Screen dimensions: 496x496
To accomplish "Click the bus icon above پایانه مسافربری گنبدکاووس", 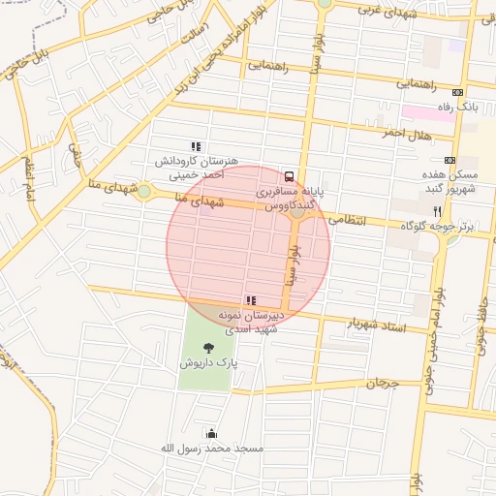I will point(290,176).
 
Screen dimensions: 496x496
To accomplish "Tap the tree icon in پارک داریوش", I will point(208,347).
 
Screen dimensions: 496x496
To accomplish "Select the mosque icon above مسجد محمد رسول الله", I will point(212,433).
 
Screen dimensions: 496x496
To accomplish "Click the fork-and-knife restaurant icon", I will point(437,210).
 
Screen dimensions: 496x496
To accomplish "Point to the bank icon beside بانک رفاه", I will point(458,90).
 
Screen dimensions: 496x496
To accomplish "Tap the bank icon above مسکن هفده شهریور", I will point(449,160).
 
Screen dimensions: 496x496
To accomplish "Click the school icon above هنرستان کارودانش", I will point(197,147).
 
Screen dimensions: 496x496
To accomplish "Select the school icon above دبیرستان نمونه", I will point(251,300).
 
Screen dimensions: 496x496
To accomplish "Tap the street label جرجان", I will point(382,384).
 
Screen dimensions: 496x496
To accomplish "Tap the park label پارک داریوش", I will point(207,362).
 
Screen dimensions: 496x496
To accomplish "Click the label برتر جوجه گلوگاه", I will point(447,226).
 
